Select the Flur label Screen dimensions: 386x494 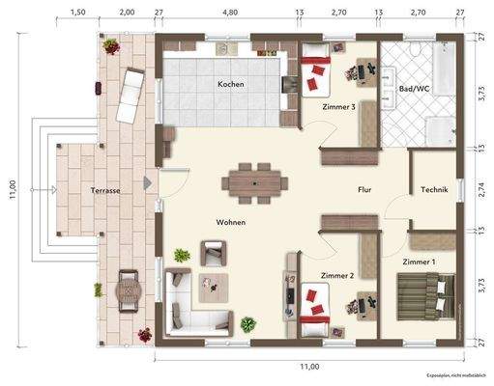(x=364, y=190)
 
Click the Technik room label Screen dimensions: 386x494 (x=434, y=190)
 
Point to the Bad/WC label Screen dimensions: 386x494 (x=414, y=90)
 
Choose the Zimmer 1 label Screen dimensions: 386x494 (x=419, y=262)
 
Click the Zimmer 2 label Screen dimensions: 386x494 (x=336, y=275)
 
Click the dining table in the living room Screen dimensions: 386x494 (x=255, y=180)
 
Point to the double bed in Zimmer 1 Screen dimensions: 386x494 (x=424, y=291)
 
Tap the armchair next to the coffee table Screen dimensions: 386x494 (x=212, y=253)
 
